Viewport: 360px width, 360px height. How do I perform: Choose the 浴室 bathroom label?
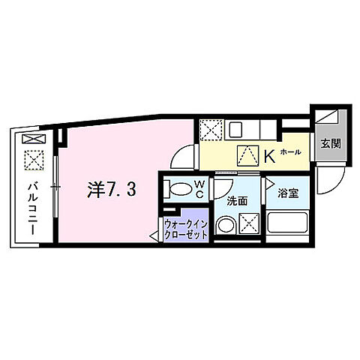[x=288, y=193]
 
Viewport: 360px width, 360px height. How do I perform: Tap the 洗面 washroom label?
[x=238, y=200]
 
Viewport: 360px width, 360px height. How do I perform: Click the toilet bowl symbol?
[x=179, y=188]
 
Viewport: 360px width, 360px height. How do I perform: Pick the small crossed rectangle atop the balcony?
[x=33, y=139]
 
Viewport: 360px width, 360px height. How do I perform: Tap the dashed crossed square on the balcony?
[x=34, y=159]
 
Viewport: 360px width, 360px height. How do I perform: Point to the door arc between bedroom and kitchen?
[x=182, y=159]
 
